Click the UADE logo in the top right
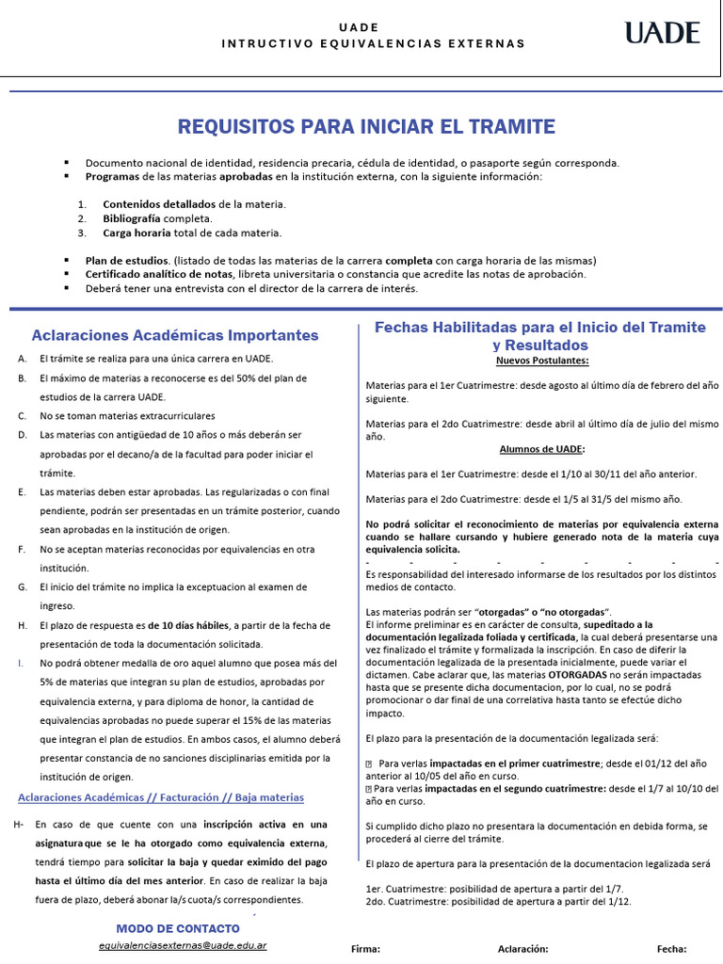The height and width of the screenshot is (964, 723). tap(663, 34)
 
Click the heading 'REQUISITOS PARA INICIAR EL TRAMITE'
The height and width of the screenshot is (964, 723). tap(367, 126)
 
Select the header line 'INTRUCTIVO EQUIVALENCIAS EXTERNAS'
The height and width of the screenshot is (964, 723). tap(373, 44)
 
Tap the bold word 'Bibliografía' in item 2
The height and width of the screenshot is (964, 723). tap(132, 218)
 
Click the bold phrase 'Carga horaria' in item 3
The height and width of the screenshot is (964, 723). tap(137, 233)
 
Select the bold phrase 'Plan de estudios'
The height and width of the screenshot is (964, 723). tap(127, 261)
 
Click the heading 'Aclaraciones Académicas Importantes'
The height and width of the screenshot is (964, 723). tap(175, 335)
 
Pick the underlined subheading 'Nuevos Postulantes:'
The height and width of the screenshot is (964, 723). tap(543, 361)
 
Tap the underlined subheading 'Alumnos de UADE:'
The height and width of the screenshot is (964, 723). tap(542, 449)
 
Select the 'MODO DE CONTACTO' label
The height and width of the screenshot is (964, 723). tap(178, 929)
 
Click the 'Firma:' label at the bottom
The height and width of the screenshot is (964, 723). tap(365, 950)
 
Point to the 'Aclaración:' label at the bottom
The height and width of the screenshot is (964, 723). tap(523, 950)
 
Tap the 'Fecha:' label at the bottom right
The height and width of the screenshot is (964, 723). tap(672, 950)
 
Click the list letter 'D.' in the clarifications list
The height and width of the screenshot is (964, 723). tap(22, 435)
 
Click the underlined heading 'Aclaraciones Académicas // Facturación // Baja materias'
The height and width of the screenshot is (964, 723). tap(161, 797)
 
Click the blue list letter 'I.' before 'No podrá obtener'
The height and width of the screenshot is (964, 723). tap(20, 663)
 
